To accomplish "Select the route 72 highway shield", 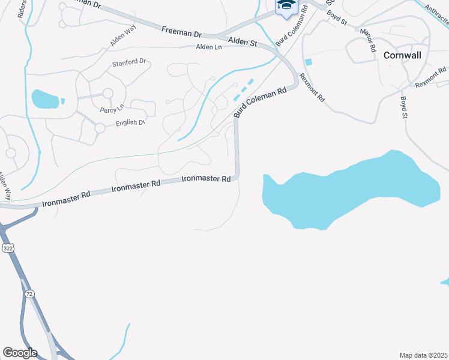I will tap(29, 294).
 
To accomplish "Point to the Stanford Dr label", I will tap(129, 62).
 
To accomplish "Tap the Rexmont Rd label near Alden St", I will tap(312, 88).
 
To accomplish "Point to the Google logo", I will tap(20, 353).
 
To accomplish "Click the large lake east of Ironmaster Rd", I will tap(354, 189).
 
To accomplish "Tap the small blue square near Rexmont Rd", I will tap(309, 62).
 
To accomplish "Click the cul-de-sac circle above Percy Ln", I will tap(107, 93).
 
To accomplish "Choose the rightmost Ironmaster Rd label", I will tap(206, 179).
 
